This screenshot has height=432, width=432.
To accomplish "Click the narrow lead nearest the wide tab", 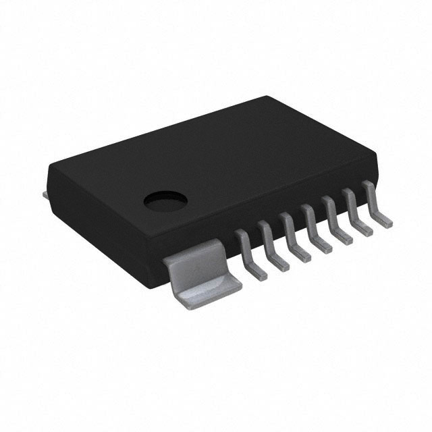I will click(250, 253).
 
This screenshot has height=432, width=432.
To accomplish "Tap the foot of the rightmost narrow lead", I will click(383, 221).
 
